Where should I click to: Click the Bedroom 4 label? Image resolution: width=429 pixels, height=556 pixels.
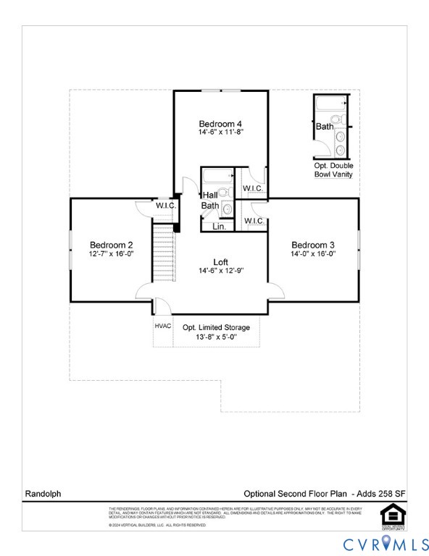point(220,124)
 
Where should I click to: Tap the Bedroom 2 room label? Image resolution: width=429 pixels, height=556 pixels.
point(111,244)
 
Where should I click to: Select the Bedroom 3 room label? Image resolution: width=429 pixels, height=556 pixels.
point(313,244)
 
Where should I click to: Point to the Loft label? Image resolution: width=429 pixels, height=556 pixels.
point(221,261)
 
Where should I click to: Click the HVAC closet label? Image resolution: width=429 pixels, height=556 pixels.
point(163,326)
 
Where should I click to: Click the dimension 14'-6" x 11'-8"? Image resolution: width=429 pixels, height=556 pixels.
point(220,133)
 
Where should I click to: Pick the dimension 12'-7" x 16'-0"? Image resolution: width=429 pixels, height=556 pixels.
point(111,254)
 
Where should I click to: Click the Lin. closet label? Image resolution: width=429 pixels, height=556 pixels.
point(219,227)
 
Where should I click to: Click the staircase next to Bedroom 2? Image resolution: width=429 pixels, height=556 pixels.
point(164,253)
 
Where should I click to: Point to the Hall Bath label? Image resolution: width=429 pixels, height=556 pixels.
point(210,201)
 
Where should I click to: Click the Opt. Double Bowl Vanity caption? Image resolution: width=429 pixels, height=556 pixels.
point(334,170)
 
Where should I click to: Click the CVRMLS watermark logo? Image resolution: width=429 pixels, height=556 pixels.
point(385,542)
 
